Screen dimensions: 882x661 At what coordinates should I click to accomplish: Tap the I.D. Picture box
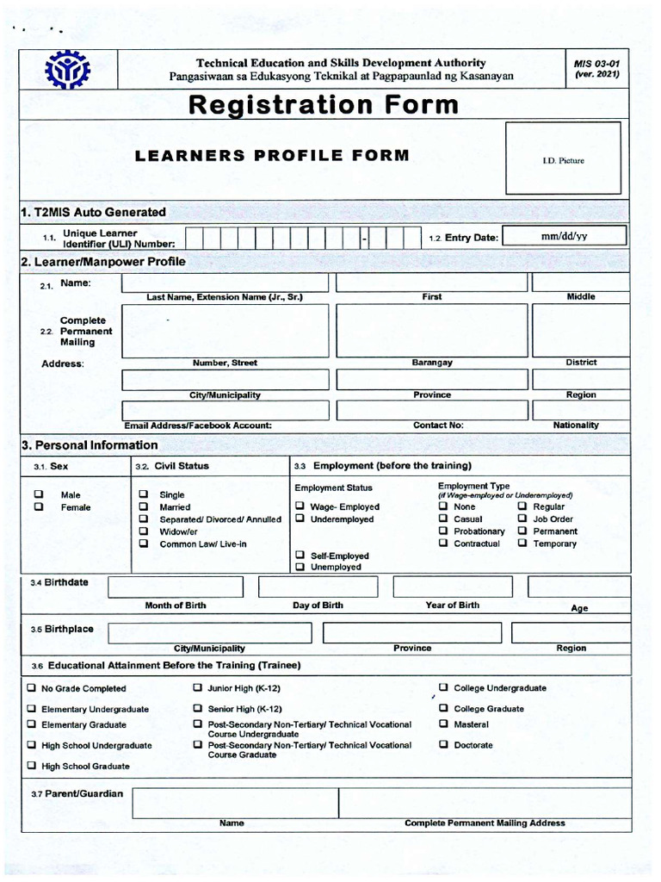coord(563,158)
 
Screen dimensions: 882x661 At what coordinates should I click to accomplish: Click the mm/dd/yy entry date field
coord(565,237)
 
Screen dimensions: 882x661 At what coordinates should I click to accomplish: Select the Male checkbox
coord(39,494)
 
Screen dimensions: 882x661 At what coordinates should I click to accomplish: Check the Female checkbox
coord(39,507)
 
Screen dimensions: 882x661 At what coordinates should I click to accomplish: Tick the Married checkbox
coord(144,507)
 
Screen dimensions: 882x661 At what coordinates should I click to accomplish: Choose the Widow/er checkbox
coord(144,531)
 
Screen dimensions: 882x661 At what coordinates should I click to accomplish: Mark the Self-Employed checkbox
coord(300,556)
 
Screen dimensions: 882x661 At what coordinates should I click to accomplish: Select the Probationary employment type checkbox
coord(443,531)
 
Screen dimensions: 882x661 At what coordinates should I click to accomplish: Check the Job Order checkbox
coord(522,519)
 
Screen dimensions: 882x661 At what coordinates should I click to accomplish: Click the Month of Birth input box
coord(176,587)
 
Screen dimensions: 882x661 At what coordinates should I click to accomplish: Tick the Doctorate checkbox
coord(443,744)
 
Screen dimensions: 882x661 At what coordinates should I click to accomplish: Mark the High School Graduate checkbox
coord(32,765)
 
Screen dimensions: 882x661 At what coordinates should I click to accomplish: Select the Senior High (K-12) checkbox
coord(198,708)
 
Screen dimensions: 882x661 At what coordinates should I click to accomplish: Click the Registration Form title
coord(323,105)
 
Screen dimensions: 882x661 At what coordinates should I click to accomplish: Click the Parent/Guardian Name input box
coord(233,803)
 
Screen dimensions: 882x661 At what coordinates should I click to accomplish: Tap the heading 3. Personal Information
coord(90,445)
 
